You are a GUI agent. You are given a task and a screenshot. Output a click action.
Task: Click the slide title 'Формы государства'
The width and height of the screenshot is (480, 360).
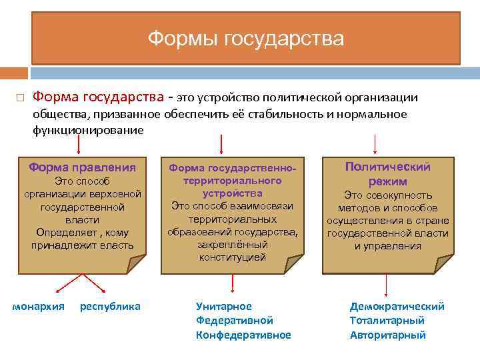coord(245,39)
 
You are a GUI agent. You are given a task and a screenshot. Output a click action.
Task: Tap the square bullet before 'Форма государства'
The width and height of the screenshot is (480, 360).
coord(20,99)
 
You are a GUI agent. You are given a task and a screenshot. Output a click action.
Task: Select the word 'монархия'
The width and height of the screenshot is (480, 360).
coord(39,307)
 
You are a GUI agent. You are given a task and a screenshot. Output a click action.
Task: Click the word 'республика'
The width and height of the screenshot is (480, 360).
coord(110,307)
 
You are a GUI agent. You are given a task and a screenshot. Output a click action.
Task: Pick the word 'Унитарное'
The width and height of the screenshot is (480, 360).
coord(224,307)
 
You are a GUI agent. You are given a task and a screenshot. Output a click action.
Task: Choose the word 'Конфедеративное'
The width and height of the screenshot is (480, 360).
coord(243,335)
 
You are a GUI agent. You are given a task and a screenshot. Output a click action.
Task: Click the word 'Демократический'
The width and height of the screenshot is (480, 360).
coord(397,307)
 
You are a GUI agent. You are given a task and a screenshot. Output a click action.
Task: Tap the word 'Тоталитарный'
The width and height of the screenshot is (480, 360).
coord(387,321)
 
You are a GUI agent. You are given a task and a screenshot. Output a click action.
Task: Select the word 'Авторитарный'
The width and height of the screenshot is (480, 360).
coord(387,335)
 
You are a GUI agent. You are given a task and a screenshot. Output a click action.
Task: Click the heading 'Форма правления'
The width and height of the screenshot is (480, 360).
coord(82,167)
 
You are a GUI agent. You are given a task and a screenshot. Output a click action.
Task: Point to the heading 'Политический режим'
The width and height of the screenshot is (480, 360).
coord(387,174)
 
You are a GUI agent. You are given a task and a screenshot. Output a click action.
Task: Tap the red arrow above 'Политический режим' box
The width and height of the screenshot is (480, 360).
coord(375,143)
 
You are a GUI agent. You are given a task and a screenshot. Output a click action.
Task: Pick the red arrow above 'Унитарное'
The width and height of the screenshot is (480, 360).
coord(232,283)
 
